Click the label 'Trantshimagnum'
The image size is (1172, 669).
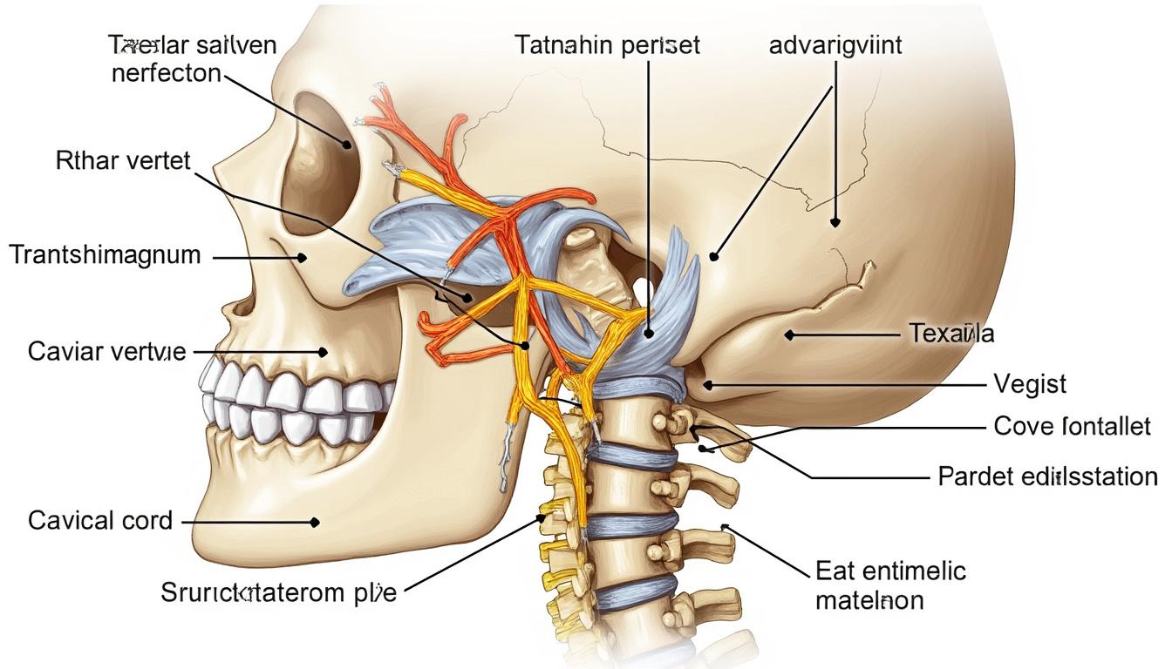(105, 255)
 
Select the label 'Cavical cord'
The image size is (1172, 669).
(100, 521)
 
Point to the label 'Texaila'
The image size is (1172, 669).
(951, 333)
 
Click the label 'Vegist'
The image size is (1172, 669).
(1030, 383)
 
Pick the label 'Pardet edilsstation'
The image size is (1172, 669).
(1047, 476)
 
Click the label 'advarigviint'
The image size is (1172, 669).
(836, 45)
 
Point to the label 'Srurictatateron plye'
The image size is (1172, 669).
(279, 594)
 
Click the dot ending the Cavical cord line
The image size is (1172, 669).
(315, 522)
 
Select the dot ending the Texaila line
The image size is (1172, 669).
(788, 333)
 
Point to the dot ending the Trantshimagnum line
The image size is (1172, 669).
(302, 257)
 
